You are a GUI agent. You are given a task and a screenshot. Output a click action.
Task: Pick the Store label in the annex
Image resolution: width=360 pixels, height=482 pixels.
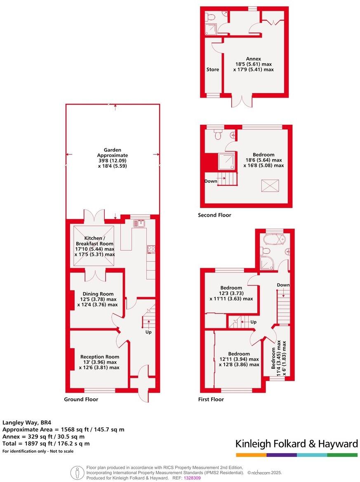(212, 70)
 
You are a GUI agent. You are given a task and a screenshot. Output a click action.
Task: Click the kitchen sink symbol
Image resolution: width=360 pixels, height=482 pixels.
(138, 224)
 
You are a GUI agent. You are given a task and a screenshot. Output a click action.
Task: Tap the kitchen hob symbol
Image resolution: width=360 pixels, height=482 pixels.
(151, 249)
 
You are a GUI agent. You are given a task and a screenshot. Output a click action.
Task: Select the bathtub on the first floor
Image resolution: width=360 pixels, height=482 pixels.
(272, 239)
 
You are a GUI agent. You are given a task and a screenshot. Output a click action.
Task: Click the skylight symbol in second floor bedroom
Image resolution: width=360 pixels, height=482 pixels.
(270, 185)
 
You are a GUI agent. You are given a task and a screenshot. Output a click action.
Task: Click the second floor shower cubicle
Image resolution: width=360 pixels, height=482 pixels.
(227, 162)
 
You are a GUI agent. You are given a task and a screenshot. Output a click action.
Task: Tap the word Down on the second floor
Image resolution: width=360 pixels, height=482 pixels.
(211, 181)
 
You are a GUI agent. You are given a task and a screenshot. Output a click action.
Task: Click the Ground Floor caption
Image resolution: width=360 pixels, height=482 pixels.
(81, 399)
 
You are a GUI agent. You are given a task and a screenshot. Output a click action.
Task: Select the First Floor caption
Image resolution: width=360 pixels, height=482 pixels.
(211, 399)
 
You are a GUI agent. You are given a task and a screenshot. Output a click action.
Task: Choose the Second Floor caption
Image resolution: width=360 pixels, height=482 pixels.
(214, 215)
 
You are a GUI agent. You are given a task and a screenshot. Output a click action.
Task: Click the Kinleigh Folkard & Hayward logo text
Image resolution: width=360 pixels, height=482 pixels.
(296, 444)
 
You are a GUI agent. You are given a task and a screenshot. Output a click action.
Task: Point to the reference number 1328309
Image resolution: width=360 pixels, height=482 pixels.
(192, 478)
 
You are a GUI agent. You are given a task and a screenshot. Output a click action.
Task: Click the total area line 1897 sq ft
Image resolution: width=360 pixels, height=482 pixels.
(46, 444)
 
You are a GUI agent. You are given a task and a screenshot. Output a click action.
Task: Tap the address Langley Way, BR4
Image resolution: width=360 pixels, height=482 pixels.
(27, 422)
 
